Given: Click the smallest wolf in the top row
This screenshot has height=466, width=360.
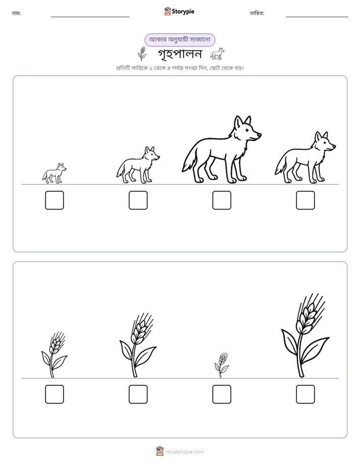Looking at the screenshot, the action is point(54,173).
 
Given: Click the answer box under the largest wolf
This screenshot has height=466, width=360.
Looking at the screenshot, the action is point(221,200).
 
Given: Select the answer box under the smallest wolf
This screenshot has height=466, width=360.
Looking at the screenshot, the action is point(54,200).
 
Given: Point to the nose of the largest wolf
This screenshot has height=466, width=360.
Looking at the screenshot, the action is point(259,135).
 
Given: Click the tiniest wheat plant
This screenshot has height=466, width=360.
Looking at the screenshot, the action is point(221,365).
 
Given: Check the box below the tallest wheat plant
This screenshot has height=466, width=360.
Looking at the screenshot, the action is point(306,394).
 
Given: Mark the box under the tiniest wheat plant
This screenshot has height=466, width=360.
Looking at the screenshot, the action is point(221,394).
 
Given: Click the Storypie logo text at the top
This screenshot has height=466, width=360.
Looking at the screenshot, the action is point(183,12).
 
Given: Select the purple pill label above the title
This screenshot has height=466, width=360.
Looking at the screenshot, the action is point(179,40).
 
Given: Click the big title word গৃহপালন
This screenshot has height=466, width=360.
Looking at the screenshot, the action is point(179,54).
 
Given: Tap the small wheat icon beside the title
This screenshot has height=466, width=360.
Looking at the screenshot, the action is point(142,53).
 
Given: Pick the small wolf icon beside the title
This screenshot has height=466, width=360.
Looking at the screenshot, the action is point(217,54).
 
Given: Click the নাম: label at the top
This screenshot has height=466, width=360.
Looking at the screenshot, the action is point(16,13).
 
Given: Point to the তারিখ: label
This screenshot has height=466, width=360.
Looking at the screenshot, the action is point(257,13).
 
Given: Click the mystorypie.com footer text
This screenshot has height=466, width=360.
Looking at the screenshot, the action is point(185,452).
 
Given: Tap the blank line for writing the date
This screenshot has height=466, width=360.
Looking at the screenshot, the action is point(317,17).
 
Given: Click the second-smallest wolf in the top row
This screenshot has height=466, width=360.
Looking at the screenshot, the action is point(138,165).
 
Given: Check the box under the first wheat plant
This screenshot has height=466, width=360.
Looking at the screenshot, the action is point(54,394).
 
